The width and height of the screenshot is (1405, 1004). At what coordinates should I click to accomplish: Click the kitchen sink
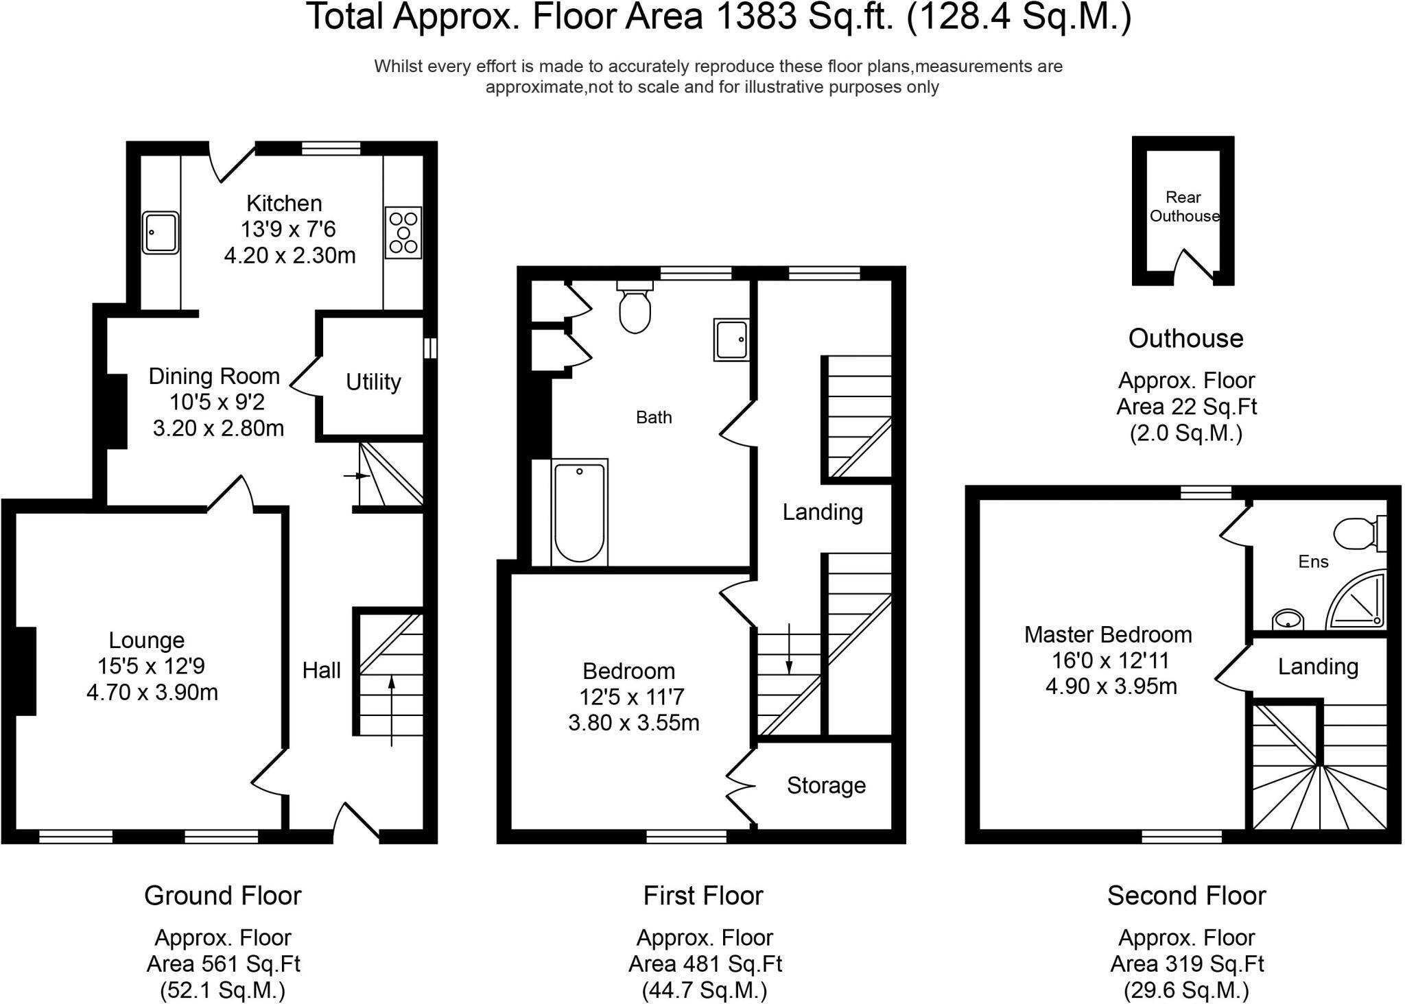161,232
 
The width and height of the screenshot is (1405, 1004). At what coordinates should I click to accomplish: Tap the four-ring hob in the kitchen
403,232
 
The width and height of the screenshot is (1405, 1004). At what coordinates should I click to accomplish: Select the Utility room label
373,382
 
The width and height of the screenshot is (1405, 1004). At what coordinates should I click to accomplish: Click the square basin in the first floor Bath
731,339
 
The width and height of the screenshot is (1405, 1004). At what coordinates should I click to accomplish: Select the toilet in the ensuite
1356,533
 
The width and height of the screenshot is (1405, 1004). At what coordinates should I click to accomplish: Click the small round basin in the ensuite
1287,620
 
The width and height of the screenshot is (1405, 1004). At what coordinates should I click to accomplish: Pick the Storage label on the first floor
826,785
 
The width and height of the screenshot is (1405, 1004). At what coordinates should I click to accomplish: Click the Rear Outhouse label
1184,206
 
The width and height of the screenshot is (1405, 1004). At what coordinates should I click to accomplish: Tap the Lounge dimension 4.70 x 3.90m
152,693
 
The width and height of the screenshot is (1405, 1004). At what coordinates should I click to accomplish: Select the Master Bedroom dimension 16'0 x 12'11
1110,660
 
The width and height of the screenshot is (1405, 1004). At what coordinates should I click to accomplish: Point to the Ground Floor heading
222,896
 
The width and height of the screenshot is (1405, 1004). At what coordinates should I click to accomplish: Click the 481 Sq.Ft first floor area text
705,964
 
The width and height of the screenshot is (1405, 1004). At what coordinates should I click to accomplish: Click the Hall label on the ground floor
321,670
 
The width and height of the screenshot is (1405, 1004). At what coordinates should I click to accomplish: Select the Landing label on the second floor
1318,667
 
